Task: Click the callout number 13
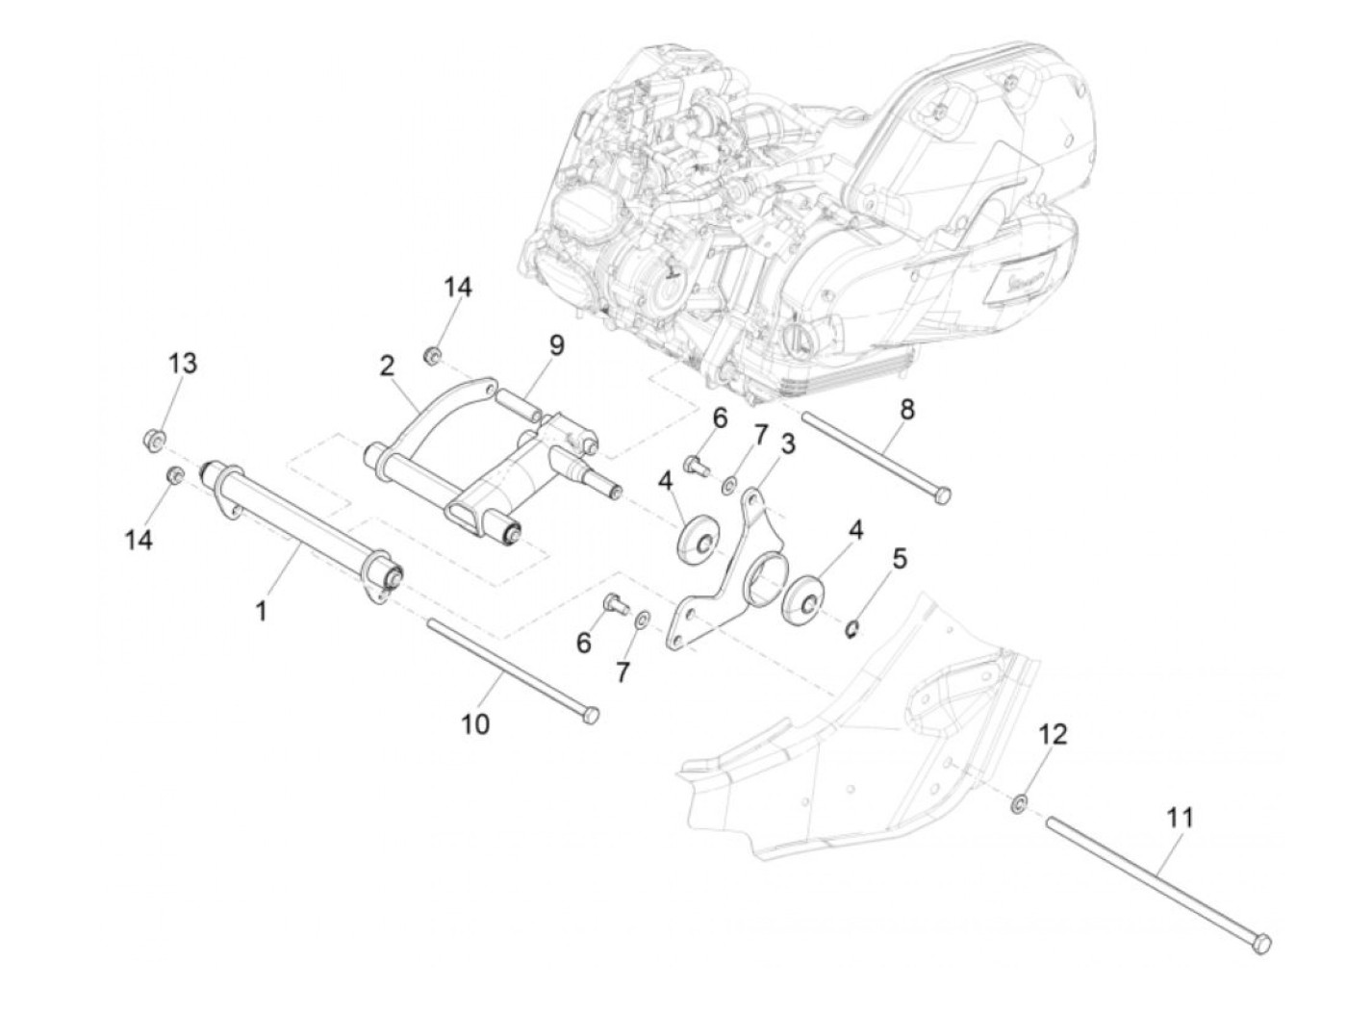click(183, 364)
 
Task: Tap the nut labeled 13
click(152, 441)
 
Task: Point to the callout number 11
click(1181, 819)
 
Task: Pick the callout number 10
click(474, 722)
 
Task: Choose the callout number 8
click(907, 409)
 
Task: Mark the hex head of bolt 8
click(944, 494)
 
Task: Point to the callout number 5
click(900, 558)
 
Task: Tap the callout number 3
click(788, 444)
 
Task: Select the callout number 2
click(387, 366)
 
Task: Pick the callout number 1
click(261, 609)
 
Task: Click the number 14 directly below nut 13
click(139, 540)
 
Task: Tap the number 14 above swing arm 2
click(458, 287)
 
